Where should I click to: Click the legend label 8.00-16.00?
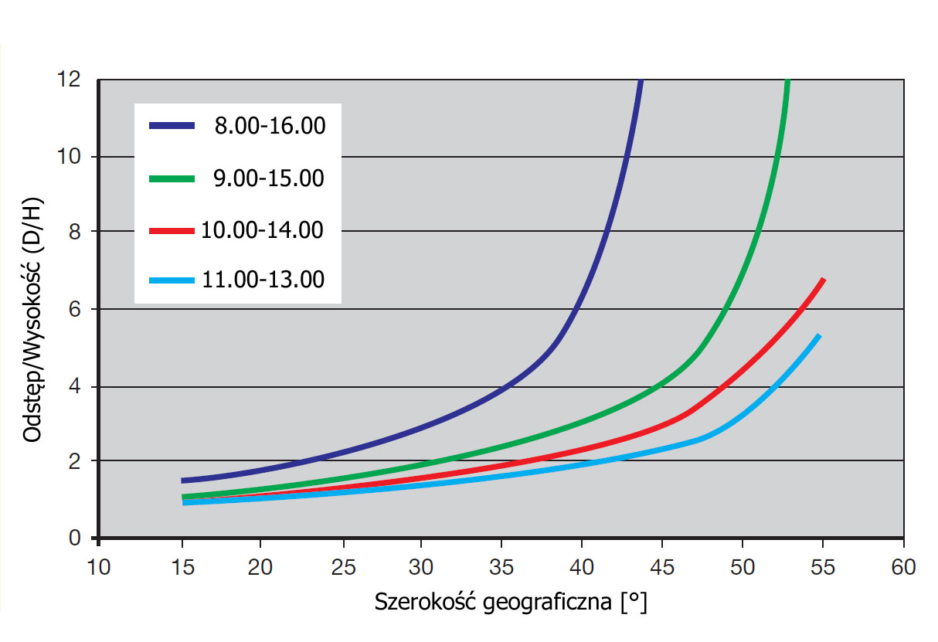pyautogui.click(x=270, y=125)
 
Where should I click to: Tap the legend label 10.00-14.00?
pyautogui.click(x=263, y=229)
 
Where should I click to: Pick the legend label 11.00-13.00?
pyautogui.click(x=263, y=280)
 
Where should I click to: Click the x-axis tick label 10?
pyautogui.click(x=99, y=568)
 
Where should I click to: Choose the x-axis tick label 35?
pyautogui.click(x=501, y=568)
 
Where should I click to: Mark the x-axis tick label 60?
pyautogui.click(x=903, y=568)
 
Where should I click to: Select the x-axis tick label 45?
pyautogui.click(x=662, y=568)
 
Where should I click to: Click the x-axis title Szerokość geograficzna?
pyautogui.click(x=510, y=602)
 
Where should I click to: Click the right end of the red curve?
pyautogui.click(x=824, y=279)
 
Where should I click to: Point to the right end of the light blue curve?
pyautogui.click(x=818, y=335)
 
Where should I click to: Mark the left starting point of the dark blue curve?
pyautogui.click(x=182, y=481)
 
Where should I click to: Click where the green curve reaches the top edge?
pyautogui.click(x=787, y=81)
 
